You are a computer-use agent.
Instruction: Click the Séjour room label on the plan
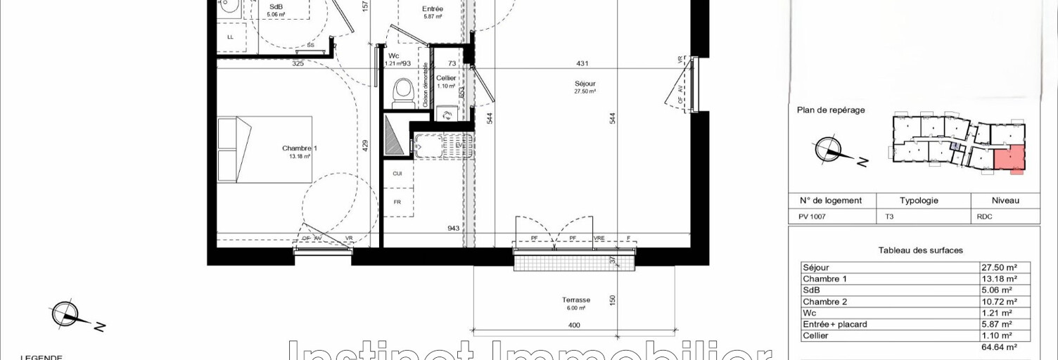click(585, 84)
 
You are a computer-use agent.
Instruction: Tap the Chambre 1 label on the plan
click(300, 148)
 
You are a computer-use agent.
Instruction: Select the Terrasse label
click(576, 300)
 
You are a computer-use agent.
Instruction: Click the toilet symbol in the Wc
click(402, 91)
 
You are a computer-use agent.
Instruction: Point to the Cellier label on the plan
click(445, 78)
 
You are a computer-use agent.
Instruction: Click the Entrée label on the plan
click(433, 9)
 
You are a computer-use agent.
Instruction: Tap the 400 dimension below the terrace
click(573, 325)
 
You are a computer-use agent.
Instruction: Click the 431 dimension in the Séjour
click(582, 63)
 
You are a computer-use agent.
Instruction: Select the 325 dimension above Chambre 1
click(298, 63)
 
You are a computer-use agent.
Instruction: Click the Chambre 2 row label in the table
click(824, 302)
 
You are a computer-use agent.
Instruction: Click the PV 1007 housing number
click(812, 217)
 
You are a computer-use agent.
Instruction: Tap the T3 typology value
click(891, 217)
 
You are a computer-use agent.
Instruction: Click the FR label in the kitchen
click(397, 202)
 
